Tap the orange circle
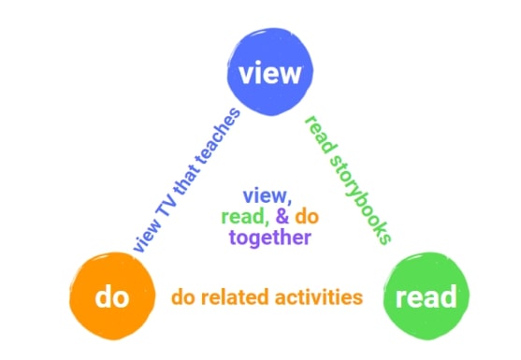109,298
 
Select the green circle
427,298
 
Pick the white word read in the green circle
427,298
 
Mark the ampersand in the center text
277,217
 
